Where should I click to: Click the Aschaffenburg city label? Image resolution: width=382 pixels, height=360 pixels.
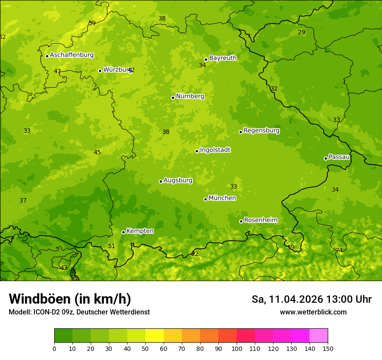72,55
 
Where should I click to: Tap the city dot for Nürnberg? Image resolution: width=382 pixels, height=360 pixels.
173,98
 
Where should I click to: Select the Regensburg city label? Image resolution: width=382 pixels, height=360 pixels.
261,131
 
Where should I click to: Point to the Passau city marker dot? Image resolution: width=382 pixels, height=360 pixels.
326,158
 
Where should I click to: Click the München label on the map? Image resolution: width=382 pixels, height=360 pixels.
222,198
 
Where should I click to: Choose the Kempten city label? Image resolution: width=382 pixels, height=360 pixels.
140,231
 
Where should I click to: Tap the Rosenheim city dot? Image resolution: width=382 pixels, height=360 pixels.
241,221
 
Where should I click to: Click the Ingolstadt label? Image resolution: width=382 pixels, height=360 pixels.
215,150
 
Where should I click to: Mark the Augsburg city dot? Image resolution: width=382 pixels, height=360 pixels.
161,181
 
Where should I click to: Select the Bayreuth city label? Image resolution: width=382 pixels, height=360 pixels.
223,58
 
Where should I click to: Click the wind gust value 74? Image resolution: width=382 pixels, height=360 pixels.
339,251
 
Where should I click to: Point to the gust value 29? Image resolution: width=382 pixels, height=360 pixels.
301,33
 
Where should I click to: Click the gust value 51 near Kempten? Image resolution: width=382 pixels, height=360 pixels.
112,246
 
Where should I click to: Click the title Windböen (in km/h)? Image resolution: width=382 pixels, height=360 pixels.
70,299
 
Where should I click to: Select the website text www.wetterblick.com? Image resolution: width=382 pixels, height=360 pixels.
313,312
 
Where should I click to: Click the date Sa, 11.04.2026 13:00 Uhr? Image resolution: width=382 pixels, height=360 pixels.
311,299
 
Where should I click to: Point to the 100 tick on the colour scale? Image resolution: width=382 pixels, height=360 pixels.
237,348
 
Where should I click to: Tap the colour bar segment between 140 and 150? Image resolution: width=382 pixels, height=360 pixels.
319,336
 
